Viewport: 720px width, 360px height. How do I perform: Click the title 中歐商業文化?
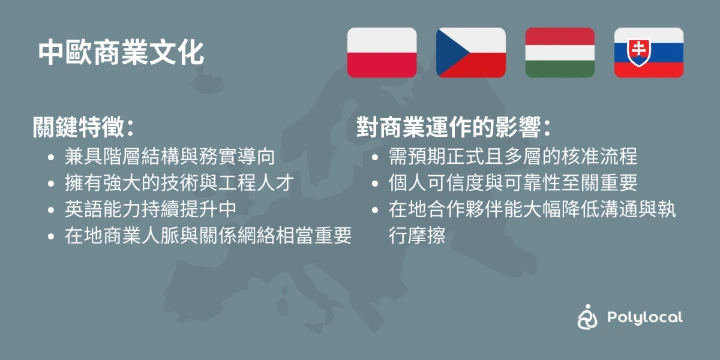point(121,53)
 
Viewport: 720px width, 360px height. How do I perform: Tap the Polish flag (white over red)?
point(382,53)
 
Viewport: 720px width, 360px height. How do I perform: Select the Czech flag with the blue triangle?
point(471,53)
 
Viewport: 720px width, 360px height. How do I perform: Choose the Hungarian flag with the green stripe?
point(560,53)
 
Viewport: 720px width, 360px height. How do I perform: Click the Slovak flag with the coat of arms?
point(649,53)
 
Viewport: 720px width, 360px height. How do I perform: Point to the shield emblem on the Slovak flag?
point(637,52)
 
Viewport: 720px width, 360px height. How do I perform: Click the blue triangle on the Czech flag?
point(449,53)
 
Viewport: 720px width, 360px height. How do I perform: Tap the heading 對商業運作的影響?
point(453,127)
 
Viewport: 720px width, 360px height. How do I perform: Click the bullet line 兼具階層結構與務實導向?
point(170,157)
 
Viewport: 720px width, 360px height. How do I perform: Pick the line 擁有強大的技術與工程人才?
point(179,184)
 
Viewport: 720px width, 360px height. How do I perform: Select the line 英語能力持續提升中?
point(151,210)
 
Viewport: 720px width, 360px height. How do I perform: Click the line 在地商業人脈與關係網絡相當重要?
point(208,236)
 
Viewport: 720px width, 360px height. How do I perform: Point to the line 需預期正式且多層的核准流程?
point(513,157)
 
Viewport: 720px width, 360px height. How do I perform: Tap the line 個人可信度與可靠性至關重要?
point(513,184)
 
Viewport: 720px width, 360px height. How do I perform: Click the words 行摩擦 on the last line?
point(416,236)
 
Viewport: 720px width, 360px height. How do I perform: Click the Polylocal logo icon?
point(587,316)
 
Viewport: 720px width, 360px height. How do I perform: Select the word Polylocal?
point(645,317)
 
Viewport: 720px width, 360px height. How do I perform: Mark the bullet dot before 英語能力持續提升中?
point(51,210)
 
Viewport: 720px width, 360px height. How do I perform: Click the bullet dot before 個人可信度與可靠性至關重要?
point(375,184)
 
